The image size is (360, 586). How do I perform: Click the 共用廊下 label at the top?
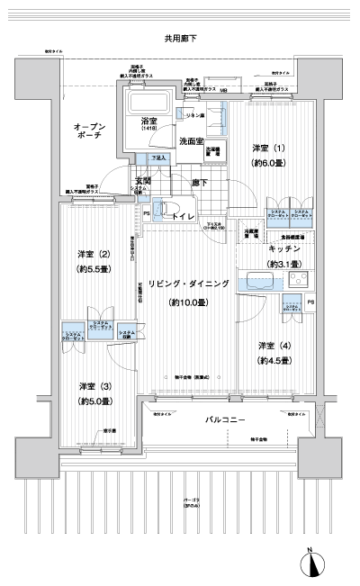pyautogui.click(x=181, y=39)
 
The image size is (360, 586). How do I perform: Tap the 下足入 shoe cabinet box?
pyautogui.click(x=158, y=158)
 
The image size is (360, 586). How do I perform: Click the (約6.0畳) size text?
pyautogui.click(x=267, y=164)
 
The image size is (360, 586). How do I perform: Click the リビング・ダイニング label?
pyautogui.click(x=189, y=284)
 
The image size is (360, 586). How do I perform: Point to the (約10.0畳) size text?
pyautogui.click(x=189, y=302)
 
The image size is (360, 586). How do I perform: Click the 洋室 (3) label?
pyautogui.click(x=93, y=384)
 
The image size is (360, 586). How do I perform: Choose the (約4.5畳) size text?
pyautogui.click(x=274, y=361)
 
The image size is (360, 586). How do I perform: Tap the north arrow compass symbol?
pyautogui.click(x=311, y=563)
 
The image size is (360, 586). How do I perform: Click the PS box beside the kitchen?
pyautogui.click(x=311, y=302)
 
